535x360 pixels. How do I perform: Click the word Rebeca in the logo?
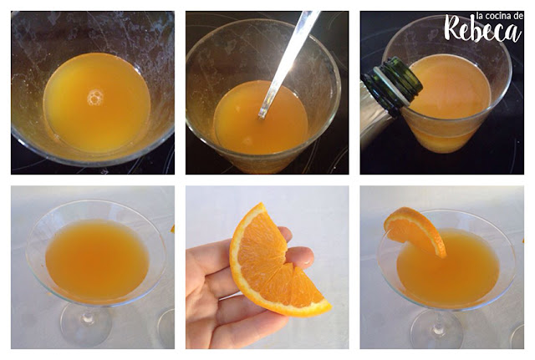483,30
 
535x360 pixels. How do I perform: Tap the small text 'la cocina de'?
499,16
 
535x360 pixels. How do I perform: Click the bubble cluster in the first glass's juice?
95,97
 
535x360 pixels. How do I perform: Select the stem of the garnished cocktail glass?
436,321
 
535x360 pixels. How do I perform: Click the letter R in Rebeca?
454,28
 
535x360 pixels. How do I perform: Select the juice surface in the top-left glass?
97,102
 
